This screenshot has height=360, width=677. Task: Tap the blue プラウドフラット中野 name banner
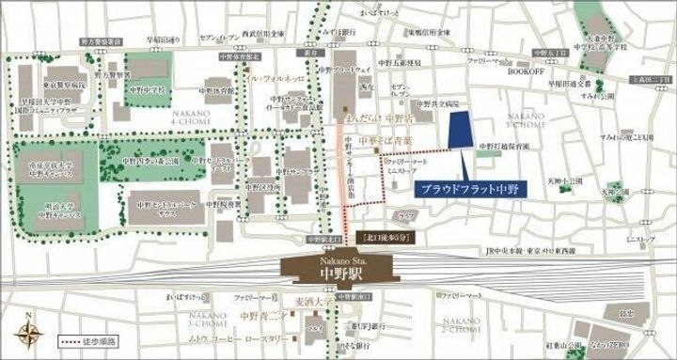471,188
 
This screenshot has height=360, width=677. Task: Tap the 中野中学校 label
148,91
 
